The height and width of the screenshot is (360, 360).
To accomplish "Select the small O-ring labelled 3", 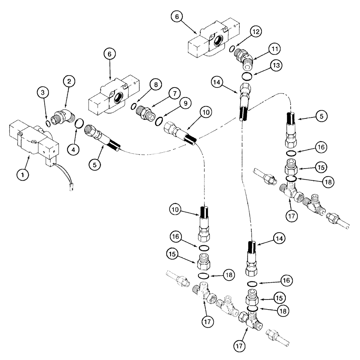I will pyautogui.click(x=48, y=124).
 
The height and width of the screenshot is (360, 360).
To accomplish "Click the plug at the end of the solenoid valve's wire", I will pyautogui.click(x=71, y=187).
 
